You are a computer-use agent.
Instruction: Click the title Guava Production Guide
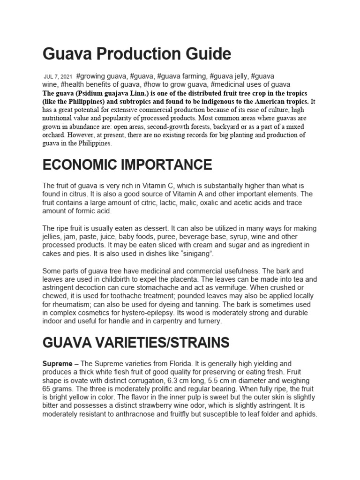click(x=136, y=54)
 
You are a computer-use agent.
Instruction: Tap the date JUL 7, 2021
click(x=58, y=76)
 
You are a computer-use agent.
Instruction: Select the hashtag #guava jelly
click(x=230, y=76)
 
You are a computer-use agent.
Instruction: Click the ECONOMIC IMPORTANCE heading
click(x=127, y=165)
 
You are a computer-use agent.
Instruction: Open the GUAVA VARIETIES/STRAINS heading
click(x=136, y=343)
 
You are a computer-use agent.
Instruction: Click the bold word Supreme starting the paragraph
click(x=57, y=364)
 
